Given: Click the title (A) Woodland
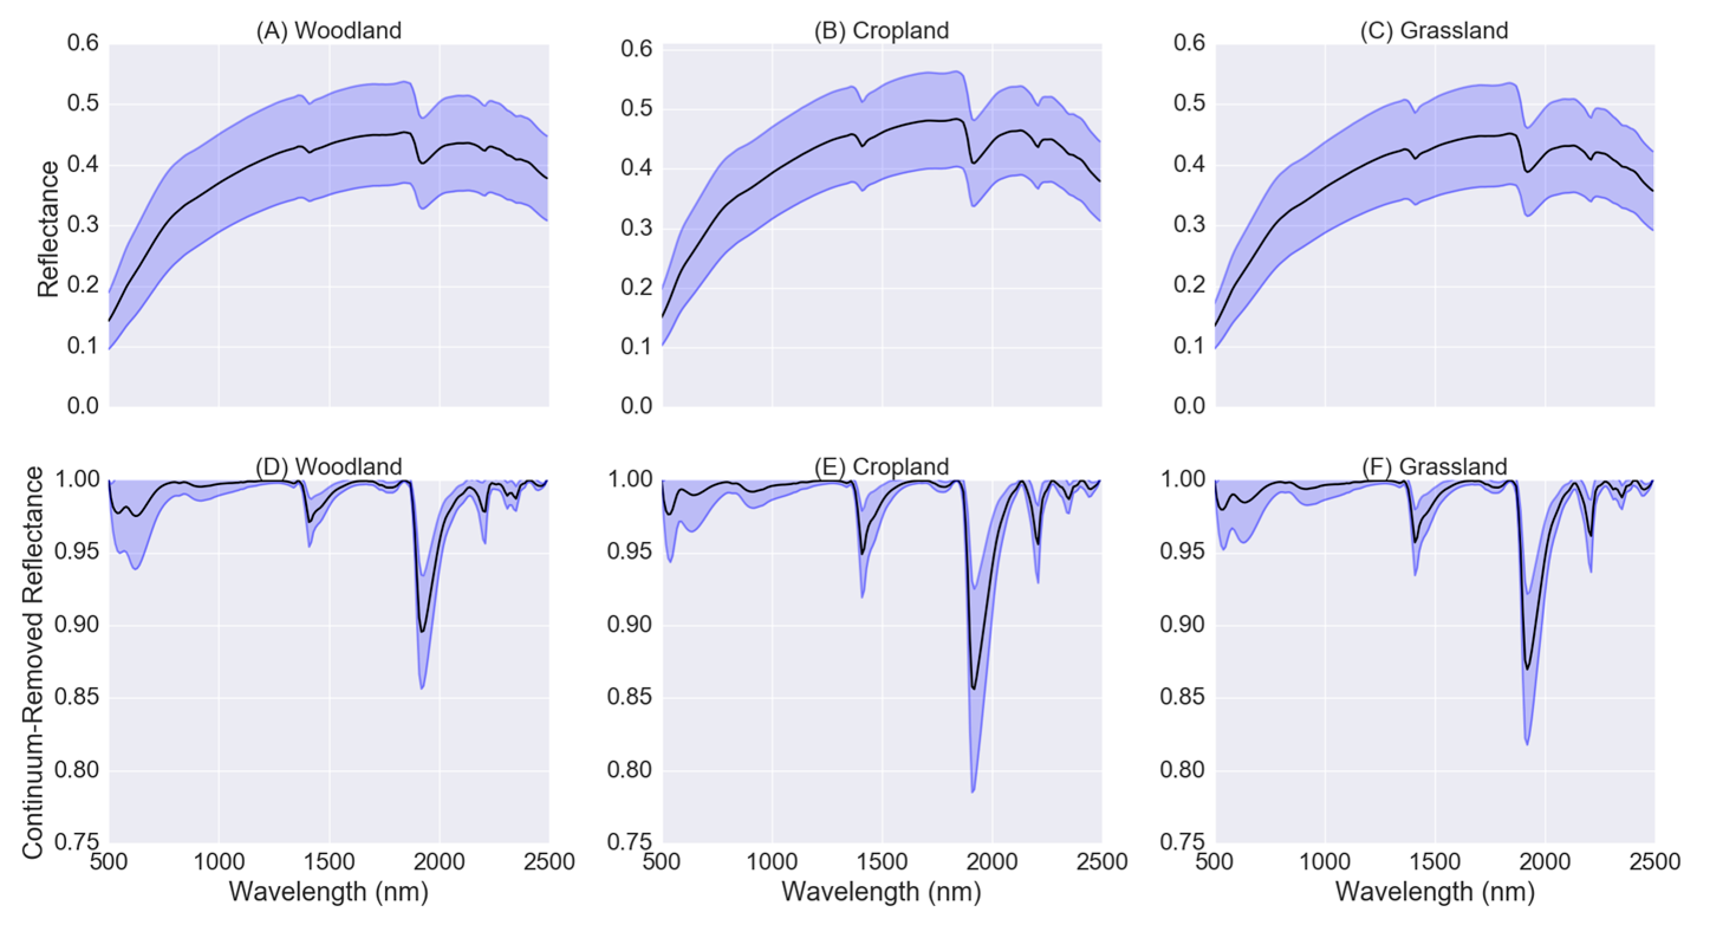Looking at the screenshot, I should (328, 31).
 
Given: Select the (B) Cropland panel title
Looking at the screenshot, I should (881, 31).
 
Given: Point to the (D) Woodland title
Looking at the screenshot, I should (328, 466).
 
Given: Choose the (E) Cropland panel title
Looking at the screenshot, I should (881, 466).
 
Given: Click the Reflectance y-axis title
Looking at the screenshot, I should (48, 229).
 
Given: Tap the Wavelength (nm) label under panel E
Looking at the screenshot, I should (881, 891).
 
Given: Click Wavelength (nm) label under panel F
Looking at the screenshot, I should (1435, 891).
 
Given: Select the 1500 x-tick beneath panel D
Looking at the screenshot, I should (329, 861).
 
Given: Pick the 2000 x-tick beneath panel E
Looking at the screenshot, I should (992, 861).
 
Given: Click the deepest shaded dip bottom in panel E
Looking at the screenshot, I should (972, 791).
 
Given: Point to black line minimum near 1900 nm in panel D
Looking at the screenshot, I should (422, 631).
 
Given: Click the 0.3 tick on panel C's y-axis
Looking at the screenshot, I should (1189, 225).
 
